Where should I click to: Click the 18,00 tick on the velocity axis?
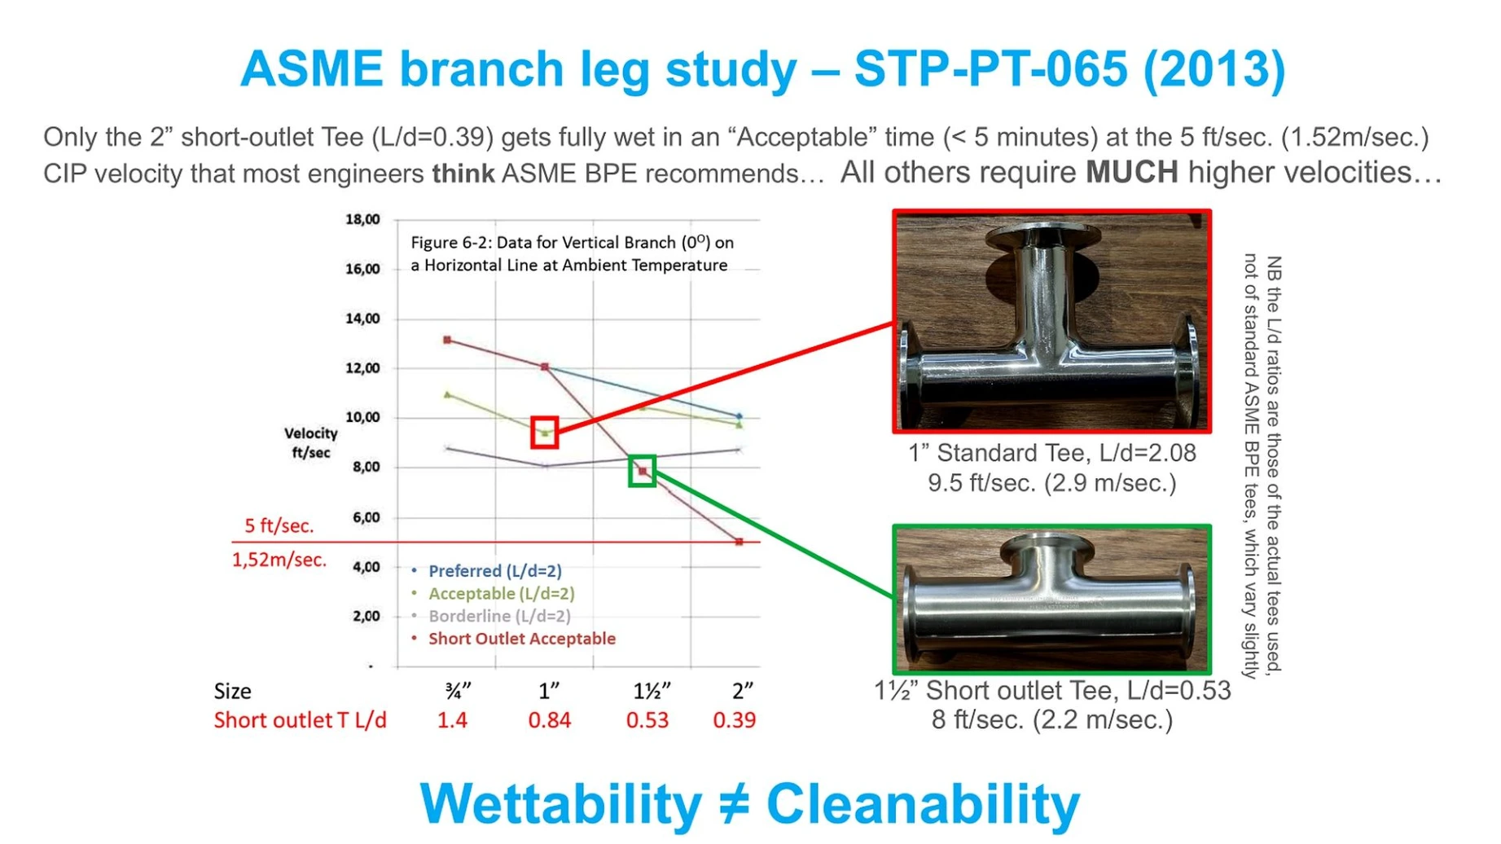click(x=362, y=219)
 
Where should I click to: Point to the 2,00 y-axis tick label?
click(x=366, y=616)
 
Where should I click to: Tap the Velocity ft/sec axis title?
click(x=310, y=442)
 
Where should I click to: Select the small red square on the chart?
click(x=545, y=433)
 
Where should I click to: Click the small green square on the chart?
click(x=643, y=471)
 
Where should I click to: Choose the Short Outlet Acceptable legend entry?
click(x=514, y=639)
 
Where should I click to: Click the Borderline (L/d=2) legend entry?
click(x=492, y=616)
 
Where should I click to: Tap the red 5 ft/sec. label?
click(x=279, y=525)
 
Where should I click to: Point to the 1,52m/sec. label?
click(x=279, y=560)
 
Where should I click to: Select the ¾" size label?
click(x=458, y=691)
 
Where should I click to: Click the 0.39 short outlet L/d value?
click(x=735, y=720)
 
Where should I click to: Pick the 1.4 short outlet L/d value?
click(x=453, y=720)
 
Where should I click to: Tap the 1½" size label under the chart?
click(x=652, y=691)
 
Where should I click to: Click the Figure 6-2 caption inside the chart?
click(x=572, y=253)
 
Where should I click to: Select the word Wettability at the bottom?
click(x=561, y=803)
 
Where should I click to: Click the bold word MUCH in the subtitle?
click(x=1132, y=172)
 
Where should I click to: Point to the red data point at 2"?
click(x=740, y=542)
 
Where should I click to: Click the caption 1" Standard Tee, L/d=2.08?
click(x=1052, y=453)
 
